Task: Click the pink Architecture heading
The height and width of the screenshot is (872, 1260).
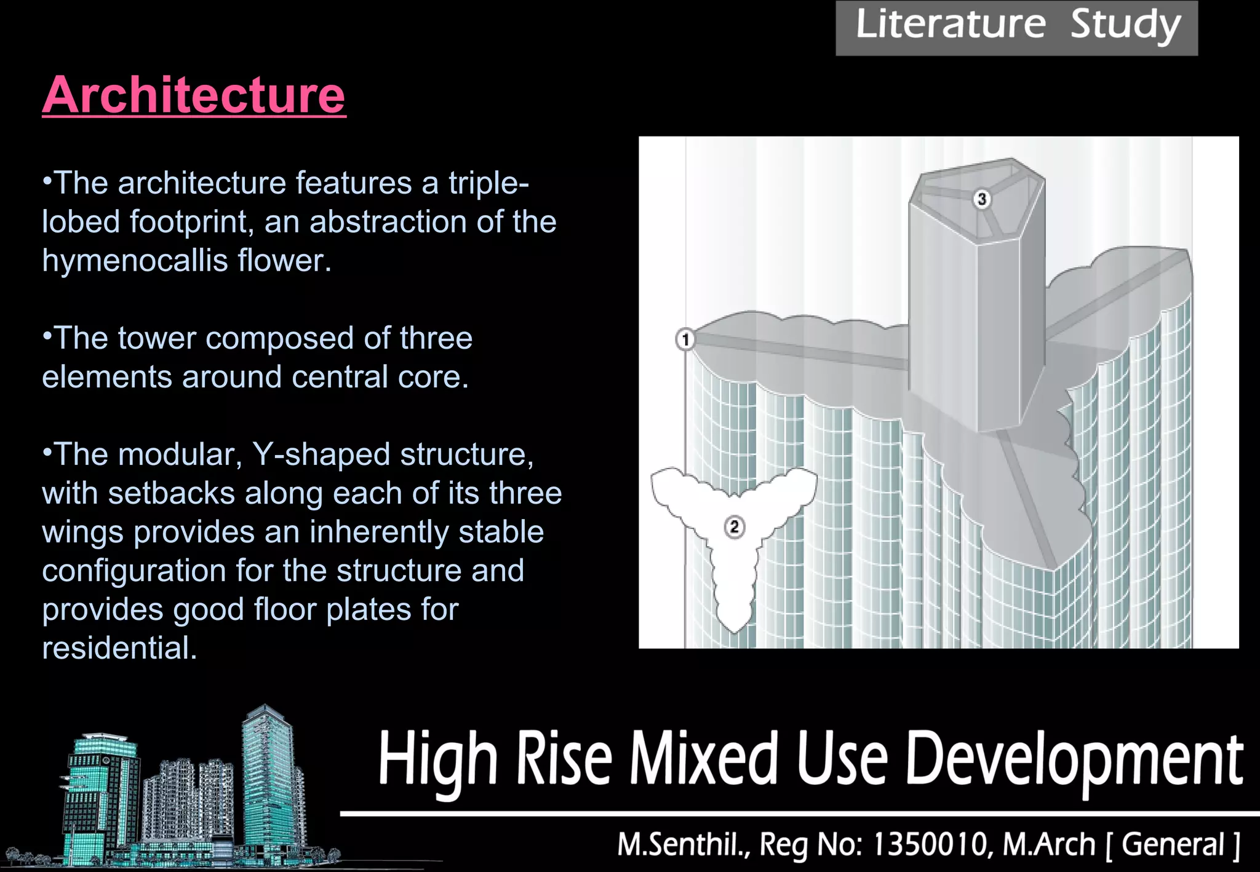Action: tap(194, 95)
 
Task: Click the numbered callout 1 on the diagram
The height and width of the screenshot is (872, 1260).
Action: tap(685, 339)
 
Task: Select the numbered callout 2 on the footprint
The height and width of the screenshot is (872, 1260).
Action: tap(734, 527)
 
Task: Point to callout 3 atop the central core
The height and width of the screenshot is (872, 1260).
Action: tap(982, 199)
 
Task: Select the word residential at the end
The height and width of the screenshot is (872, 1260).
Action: tap(119, 648)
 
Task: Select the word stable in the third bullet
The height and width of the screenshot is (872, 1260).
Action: tap(501, 532)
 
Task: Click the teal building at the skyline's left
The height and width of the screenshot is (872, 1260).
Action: tap(98, 793)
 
